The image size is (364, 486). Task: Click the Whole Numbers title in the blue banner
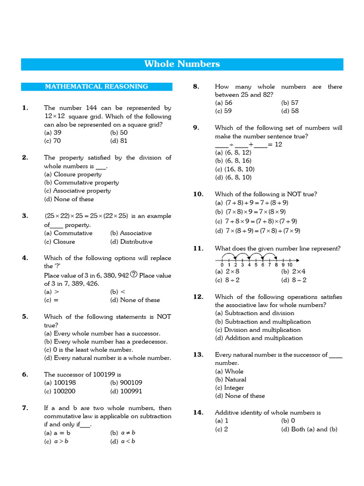182,64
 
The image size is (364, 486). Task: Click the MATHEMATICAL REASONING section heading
96,86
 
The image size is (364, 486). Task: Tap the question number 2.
25,158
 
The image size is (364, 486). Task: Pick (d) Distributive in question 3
131,242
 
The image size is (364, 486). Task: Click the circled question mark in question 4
134,275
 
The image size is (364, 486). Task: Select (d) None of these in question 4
135,300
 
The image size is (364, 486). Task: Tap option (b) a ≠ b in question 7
123,433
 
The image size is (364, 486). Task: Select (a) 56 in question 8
224,103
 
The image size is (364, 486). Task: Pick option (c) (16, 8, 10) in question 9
235,169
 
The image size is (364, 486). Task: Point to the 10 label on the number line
290,265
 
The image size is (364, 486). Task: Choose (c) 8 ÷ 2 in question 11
227,280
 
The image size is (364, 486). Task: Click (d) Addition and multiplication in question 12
259,338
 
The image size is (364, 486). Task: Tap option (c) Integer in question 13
229,388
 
